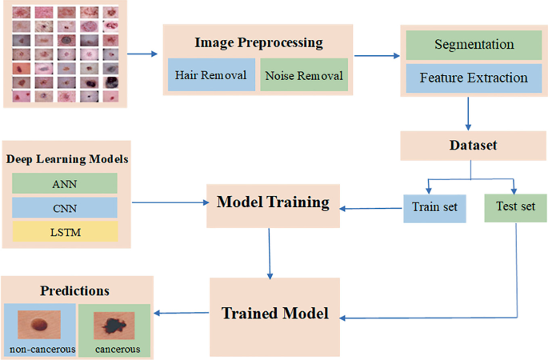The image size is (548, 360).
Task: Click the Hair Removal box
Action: [210, 76]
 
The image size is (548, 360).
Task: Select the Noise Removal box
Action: [304, 76]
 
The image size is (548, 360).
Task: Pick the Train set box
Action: [434, 207]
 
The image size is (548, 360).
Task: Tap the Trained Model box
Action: [274, 314]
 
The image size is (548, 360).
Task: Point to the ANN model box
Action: [64, 183]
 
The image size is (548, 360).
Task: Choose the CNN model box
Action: [64, 208]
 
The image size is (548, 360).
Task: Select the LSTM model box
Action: [64, 232]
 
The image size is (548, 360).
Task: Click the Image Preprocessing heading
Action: [258, 42]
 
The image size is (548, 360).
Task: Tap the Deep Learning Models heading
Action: [67, 159]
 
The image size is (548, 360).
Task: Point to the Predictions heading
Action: [76, 290]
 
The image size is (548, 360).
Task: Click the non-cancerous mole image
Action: [40, 325]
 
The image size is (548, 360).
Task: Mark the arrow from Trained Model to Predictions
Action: [183, 313]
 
